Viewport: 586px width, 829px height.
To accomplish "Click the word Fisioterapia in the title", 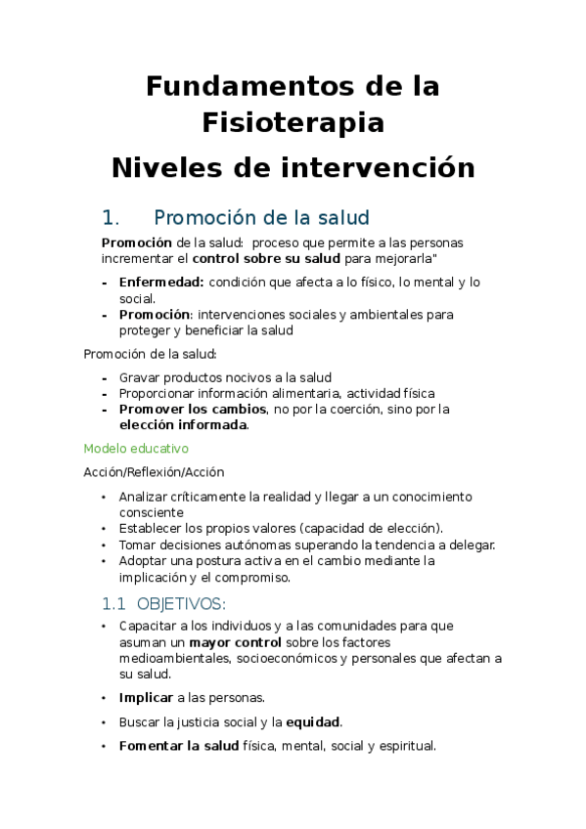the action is [293, 123].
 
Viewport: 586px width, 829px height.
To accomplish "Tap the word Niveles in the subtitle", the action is [167, 167].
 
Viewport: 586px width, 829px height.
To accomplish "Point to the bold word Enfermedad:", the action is [161, 283].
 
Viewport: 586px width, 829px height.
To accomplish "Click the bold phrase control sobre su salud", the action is [266, 259].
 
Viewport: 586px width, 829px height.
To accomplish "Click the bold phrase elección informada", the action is [183, 425].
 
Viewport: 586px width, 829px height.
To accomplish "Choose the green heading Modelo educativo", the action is [136, 449].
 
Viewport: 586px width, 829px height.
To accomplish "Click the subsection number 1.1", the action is [114, 603].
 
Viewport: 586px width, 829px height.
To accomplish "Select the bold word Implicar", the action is [146, 698].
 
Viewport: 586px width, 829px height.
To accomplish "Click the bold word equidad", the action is [312, 722].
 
